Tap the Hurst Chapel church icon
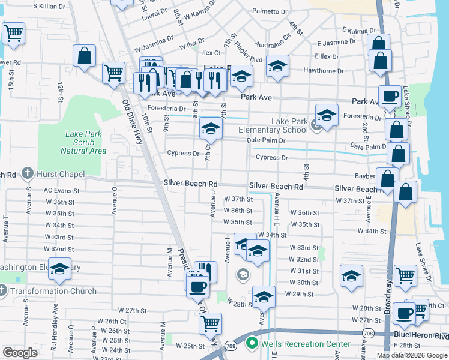[26, 174]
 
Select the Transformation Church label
[53, 292]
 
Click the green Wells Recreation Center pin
[252, 344]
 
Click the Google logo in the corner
[20, 352]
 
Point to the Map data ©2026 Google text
[411, 355]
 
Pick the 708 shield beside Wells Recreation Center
[231, 346]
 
